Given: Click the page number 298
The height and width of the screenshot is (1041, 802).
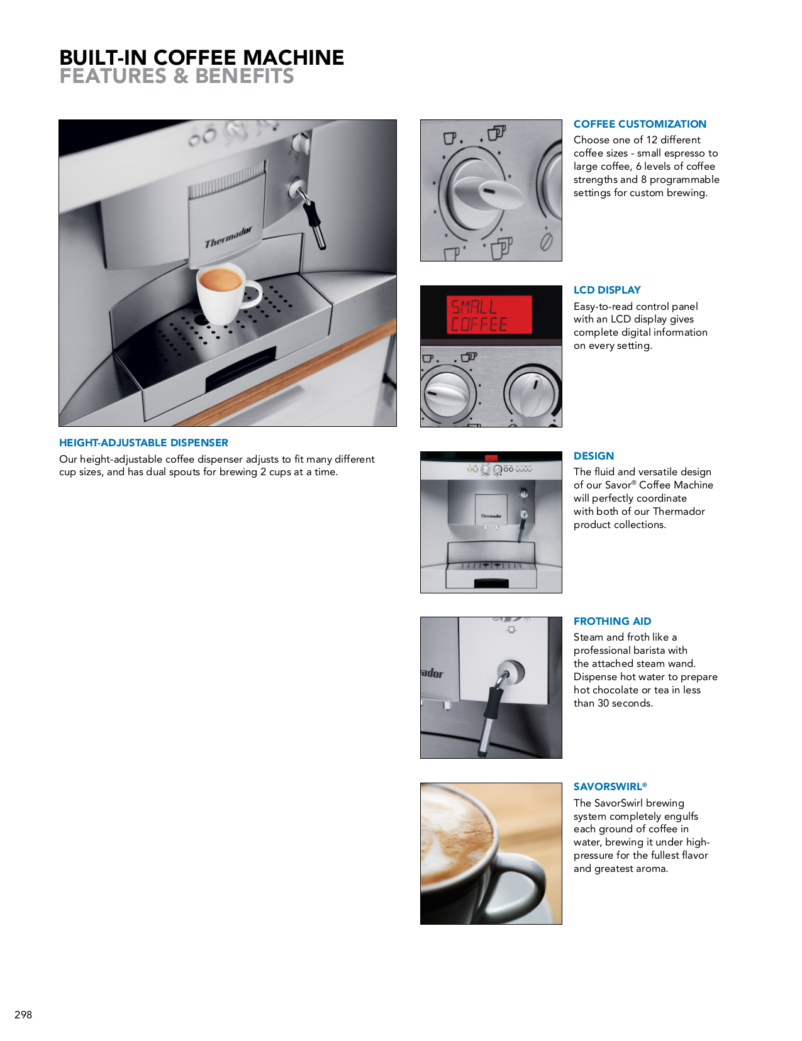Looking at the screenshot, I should click(23, 1014).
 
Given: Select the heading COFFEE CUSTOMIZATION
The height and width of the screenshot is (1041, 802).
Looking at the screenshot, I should click(639, 124).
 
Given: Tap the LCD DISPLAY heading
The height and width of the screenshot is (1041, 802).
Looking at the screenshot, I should click(606, 290).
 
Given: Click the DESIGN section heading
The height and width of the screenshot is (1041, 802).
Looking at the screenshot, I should click(593, 456).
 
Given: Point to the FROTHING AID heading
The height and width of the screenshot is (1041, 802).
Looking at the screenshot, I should click(612, 621).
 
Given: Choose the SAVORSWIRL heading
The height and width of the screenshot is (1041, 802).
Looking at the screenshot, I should click(609, 786).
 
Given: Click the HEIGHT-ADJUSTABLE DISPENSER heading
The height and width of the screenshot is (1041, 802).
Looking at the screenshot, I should click(143, 443).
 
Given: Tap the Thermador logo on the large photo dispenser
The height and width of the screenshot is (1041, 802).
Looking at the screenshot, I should click(228, 237).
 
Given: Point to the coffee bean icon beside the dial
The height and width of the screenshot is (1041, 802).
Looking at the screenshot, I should click(546, 241).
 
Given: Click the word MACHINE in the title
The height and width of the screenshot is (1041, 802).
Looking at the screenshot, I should click(293, 58).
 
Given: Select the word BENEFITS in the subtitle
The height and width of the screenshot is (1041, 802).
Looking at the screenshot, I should click(244, 76).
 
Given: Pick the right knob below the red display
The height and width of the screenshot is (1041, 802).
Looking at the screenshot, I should click(532, 394).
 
